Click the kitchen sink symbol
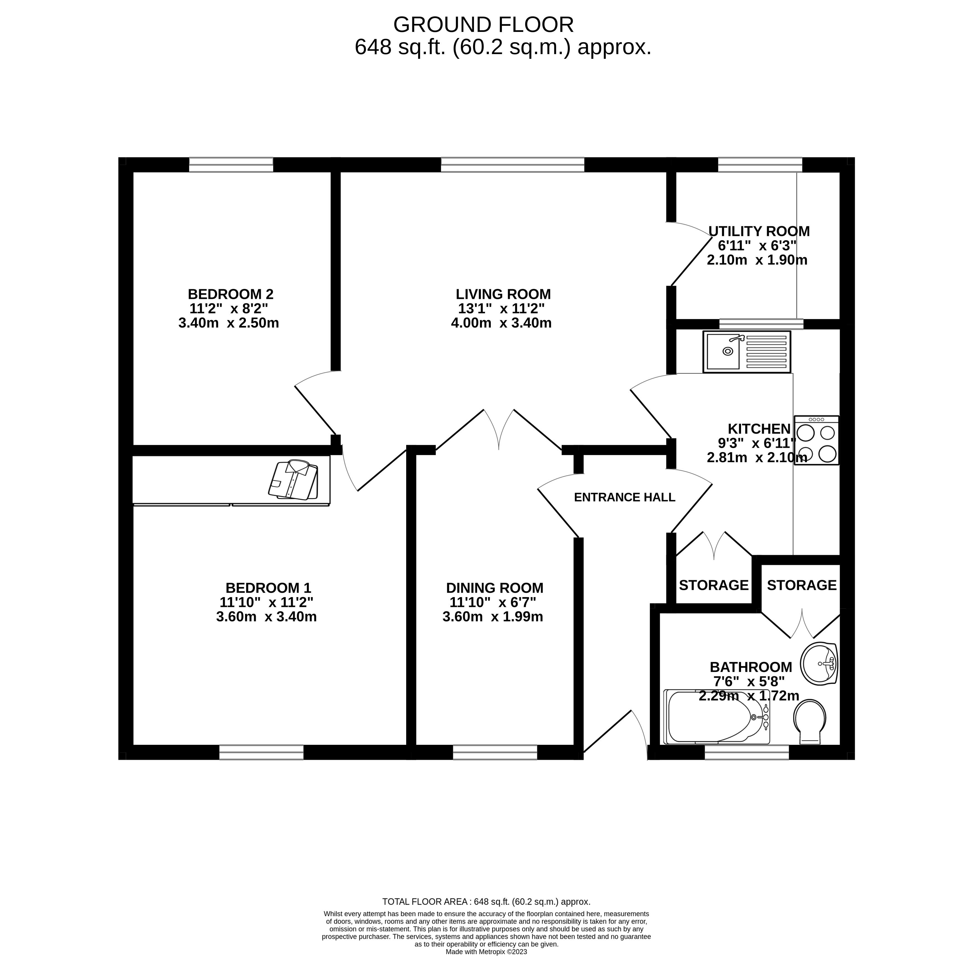tap(747, 351)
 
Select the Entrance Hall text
tap(625, 497)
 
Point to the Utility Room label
tap(759, 231)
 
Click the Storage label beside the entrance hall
tap(713, 585)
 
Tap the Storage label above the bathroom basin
tap(802, 585)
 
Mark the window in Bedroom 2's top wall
tap(231, 165)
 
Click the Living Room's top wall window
tap(513, 165)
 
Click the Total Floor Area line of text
tap(486, 902)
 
